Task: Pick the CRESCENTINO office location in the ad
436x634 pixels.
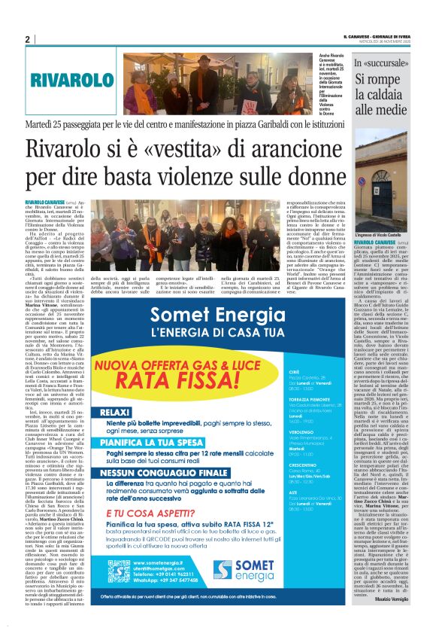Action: (304, 464)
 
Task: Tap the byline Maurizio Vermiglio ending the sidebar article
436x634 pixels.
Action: (404, 619)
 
